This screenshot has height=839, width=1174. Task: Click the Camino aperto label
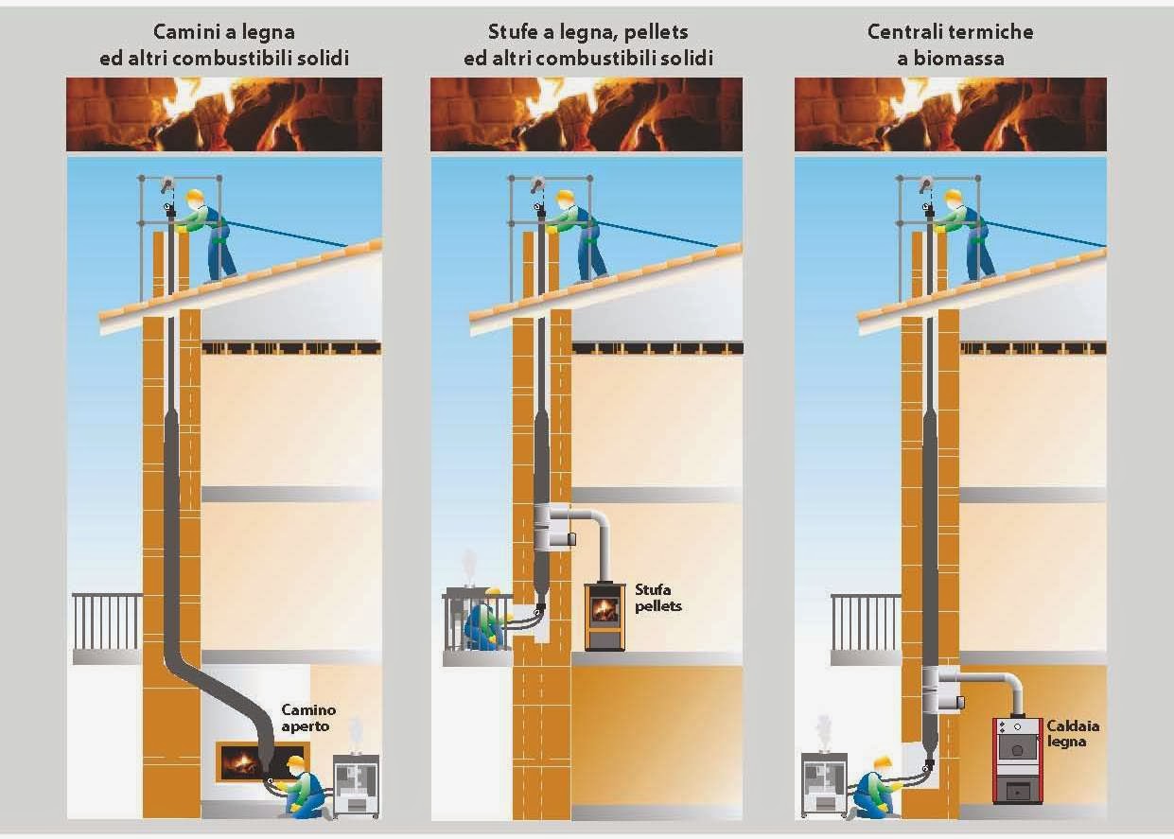pos(308,718)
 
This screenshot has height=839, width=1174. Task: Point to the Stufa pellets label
pos(657,598)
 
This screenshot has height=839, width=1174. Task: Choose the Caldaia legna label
pos(1073,734)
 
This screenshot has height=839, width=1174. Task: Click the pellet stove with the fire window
pos(605,617)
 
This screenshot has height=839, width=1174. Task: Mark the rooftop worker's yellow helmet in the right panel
pos(953,197)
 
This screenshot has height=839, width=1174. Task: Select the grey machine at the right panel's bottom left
pos(824,784)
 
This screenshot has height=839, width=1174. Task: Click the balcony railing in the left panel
pos(107,622)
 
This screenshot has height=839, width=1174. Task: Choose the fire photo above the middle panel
pos(587,114)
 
